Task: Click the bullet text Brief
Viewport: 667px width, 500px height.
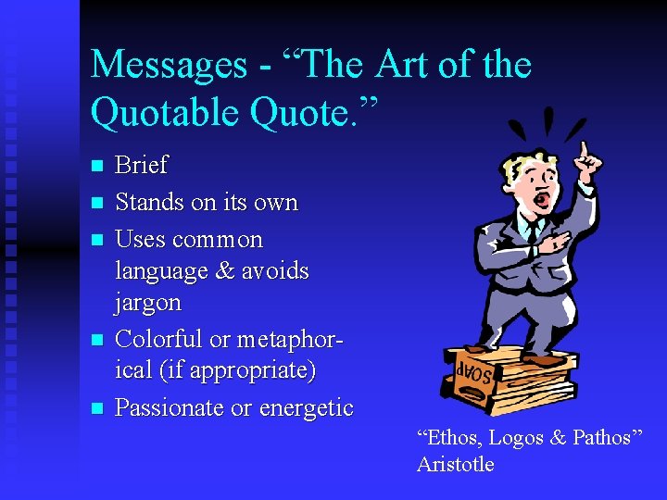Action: [x=141, y=166]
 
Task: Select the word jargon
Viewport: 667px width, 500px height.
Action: [x=147, y=303]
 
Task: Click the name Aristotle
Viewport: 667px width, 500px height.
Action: [x=455, y=464]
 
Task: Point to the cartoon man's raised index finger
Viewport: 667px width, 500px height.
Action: [x=584, y=151]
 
